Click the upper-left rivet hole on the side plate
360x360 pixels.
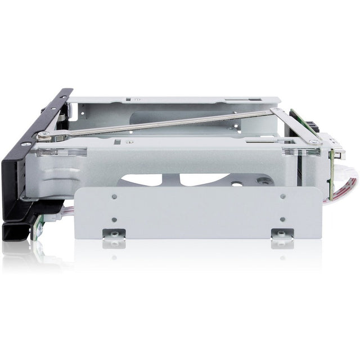pos(114,197)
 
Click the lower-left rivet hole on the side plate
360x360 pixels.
pos(114,219)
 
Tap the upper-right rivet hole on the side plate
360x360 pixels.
pos(282,196)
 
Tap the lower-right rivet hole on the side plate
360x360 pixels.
pos(282,219)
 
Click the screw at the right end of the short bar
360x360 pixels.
pos(313,142)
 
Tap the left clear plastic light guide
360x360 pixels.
pos(61,151)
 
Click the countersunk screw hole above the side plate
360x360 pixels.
pos(263,181)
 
